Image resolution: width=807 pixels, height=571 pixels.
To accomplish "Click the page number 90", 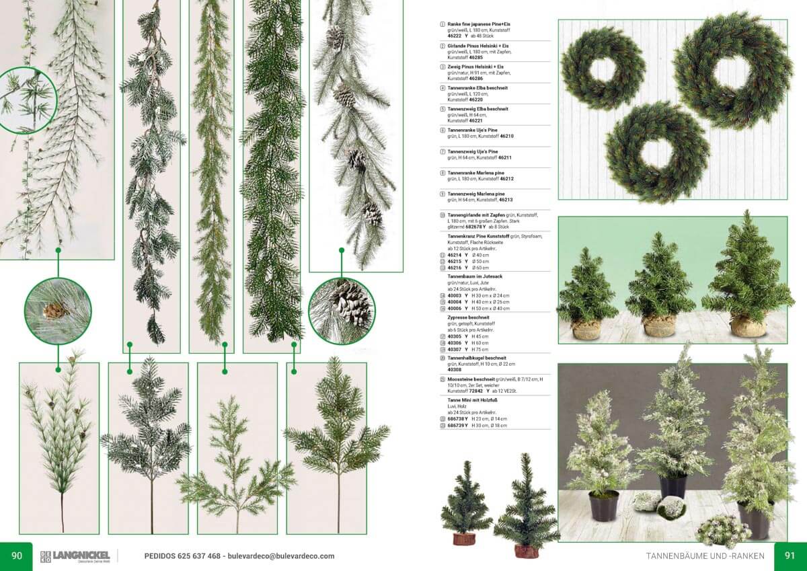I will click(17, 556).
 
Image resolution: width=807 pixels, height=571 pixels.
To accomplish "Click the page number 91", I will click(790, 556).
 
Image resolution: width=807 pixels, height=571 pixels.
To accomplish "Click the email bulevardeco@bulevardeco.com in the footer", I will click(281, 556).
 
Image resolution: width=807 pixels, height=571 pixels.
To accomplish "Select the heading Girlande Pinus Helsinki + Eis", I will click(479, 45).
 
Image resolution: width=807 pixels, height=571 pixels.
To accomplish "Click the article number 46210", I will click(507, 136).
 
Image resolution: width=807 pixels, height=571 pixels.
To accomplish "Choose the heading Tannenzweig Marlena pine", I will click(476, 194).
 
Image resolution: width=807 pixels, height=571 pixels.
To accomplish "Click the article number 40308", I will click(455, 369).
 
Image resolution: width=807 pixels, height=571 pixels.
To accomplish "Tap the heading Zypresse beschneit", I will click(468, 317).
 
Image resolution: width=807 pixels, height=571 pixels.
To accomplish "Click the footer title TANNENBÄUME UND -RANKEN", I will click(705, 556).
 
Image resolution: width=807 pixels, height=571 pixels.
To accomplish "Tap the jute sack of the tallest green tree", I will click(748, 326).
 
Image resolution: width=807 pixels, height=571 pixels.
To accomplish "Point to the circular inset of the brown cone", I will click(57, 311).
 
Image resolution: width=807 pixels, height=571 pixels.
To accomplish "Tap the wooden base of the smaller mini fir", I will click(463, 538).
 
